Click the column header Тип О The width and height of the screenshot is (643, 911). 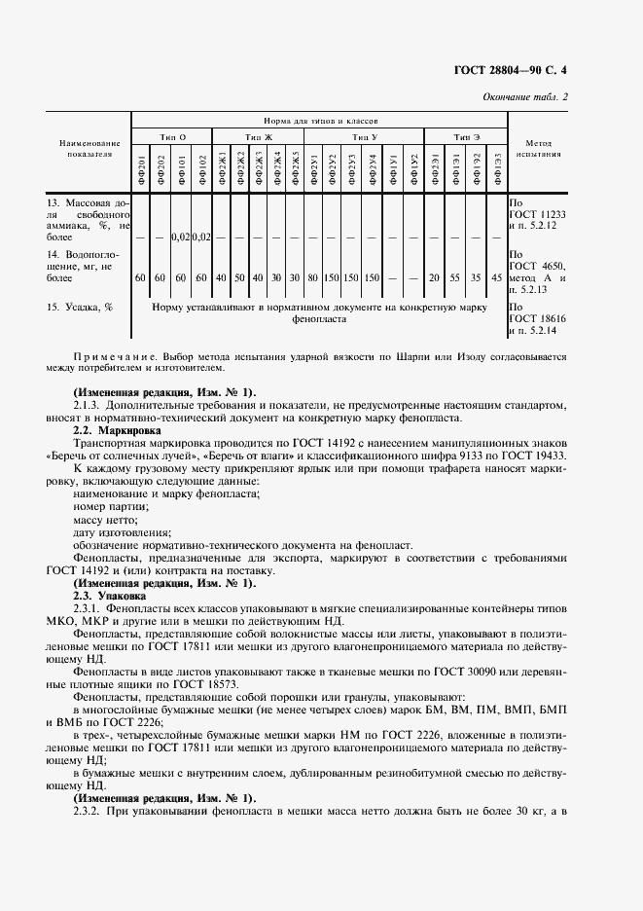(x=170, y=137)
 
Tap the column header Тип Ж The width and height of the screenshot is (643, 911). (x=258, y=137)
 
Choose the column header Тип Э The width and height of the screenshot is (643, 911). (x=465, y=137)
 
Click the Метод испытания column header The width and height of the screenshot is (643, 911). (x=538, y=148)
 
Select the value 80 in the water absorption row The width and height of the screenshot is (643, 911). (x=312, y=278)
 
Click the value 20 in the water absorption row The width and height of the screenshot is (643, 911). (x=434, y=278)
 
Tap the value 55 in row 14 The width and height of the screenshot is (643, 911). (x=454, y=278)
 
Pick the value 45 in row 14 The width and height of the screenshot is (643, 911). (x=496, y=278)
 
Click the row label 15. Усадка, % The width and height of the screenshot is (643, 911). (x=80, y=307)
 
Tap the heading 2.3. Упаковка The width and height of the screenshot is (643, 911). (x=110, y=595)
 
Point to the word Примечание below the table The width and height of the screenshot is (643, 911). (x=116, y=356)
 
